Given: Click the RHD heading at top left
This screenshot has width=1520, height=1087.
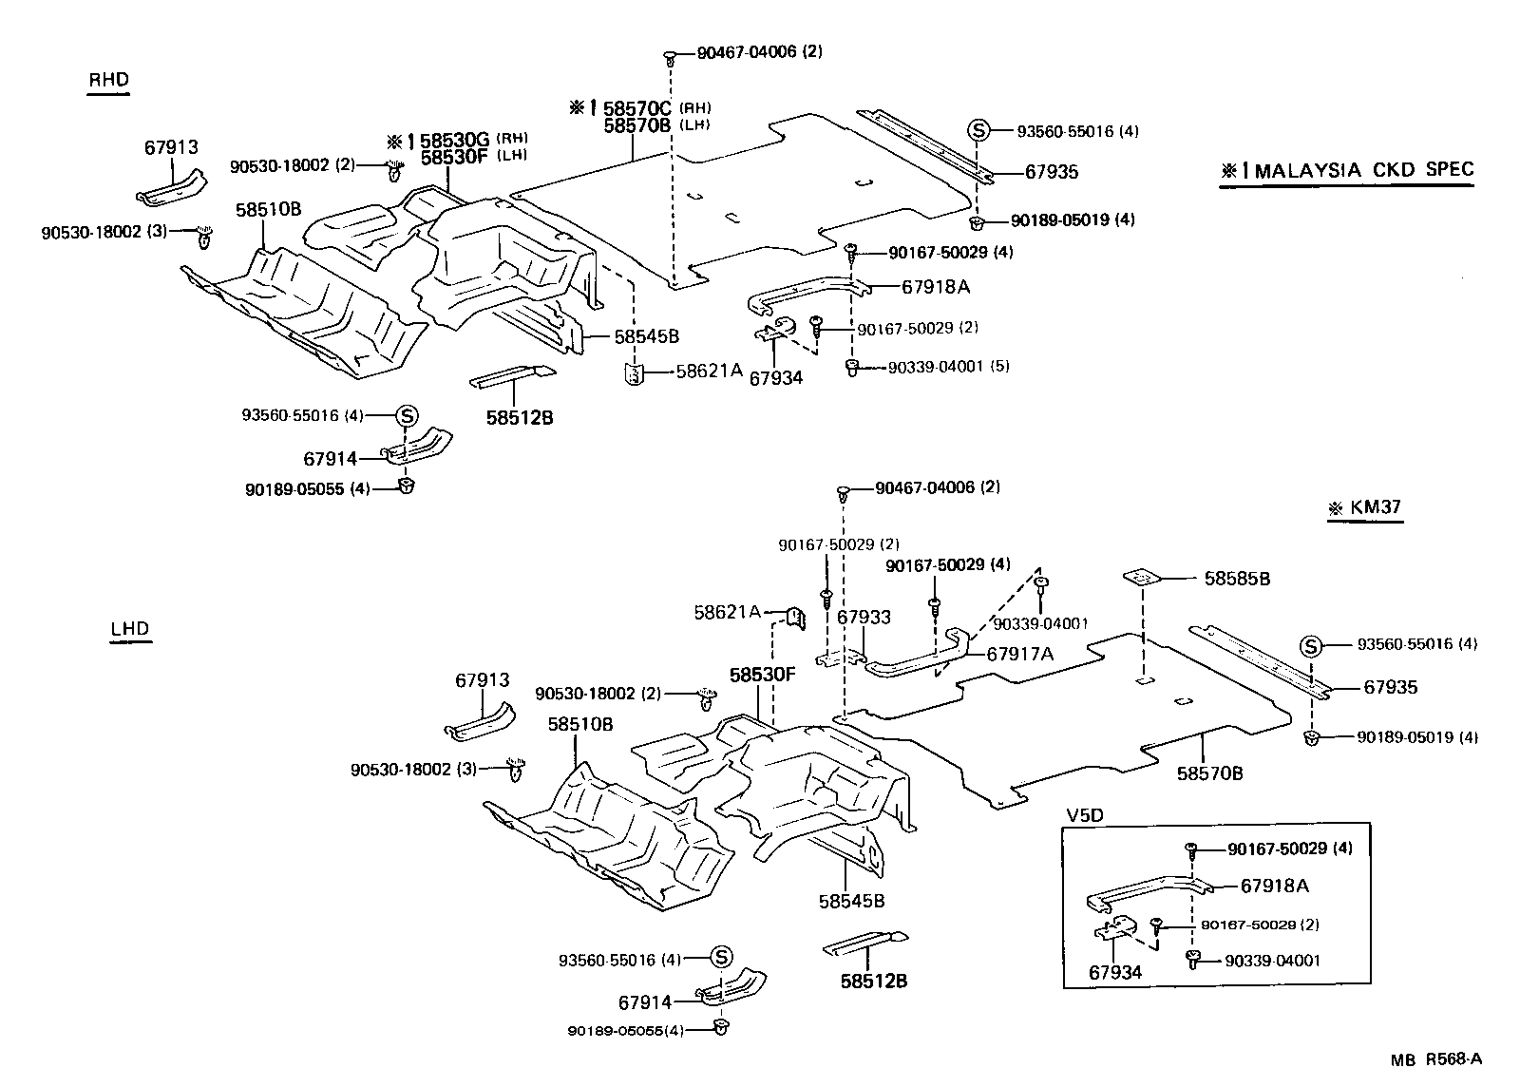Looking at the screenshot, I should [107, 80].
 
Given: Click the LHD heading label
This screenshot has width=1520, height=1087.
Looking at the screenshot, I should [130, 629].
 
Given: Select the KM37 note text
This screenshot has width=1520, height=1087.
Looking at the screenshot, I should [1375, 507].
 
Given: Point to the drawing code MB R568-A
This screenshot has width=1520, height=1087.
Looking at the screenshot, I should [1436, 1060].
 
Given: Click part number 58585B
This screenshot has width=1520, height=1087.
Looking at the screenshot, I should [1237, 578].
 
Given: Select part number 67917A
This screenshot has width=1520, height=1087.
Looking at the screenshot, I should [1020, 654].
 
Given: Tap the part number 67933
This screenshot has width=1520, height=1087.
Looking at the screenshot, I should [864, 618].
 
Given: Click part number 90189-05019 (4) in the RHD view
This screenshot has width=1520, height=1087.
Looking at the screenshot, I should [1073, 220].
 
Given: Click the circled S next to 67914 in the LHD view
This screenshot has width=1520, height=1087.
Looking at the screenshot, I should [719, 957].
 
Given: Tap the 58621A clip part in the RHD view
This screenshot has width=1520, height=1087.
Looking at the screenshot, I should [633, 373].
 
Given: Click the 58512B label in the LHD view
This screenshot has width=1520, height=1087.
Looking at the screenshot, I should [873, 981].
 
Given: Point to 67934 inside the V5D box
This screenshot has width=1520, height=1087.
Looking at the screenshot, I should [1114, 972].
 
